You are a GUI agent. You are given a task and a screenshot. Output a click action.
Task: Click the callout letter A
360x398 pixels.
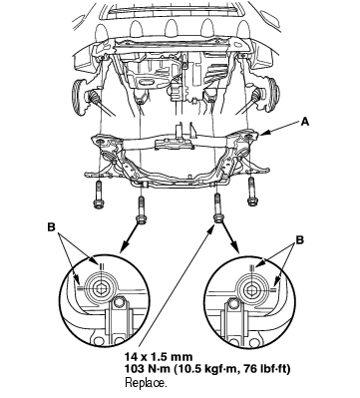(305, 122)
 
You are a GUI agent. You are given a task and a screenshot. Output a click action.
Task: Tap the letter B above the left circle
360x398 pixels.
(51, 227)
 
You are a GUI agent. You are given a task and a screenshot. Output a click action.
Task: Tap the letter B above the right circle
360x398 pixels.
(300, 239)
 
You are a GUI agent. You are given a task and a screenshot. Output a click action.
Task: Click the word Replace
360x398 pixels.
(146, 383)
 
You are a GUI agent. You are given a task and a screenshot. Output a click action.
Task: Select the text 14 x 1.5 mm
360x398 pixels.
(159, 357)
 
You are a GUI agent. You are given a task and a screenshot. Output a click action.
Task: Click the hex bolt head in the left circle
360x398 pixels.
(101, 289)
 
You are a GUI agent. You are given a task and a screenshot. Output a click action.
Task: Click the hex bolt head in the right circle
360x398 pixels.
(250, 290)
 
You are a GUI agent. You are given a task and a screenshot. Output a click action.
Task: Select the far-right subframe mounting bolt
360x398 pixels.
(251, 192)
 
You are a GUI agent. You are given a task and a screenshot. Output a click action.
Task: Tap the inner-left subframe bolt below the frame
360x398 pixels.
(141, 210)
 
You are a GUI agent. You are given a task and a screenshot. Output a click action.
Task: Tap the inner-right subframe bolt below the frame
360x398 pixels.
(217, 207)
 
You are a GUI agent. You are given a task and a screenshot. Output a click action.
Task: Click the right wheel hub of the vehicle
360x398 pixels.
(271, 95)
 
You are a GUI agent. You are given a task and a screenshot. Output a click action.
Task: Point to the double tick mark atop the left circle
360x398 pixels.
(102, 266)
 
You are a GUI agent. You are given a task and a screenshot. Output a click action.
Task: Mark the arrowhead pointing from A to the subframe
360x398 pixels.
(263, 134)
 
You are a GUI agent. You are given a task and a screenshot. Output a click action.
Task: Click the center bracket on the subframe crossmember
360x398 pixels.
(175, 142)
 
